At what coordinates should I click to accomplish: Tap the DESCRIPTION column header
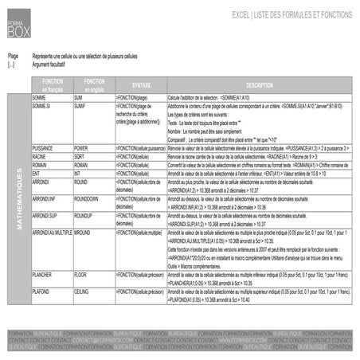coord(260,84)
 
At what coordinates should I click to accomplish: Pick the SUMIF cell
coord(80,105)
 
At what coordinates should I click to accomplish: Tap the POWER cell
coord(81,148)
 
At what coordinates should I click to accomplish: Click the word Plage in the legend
coord(12,57)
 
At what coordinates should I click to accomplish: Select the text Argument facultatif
coord(52,63)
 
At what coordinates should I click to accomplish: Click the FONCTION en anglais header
coord(93,84)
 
